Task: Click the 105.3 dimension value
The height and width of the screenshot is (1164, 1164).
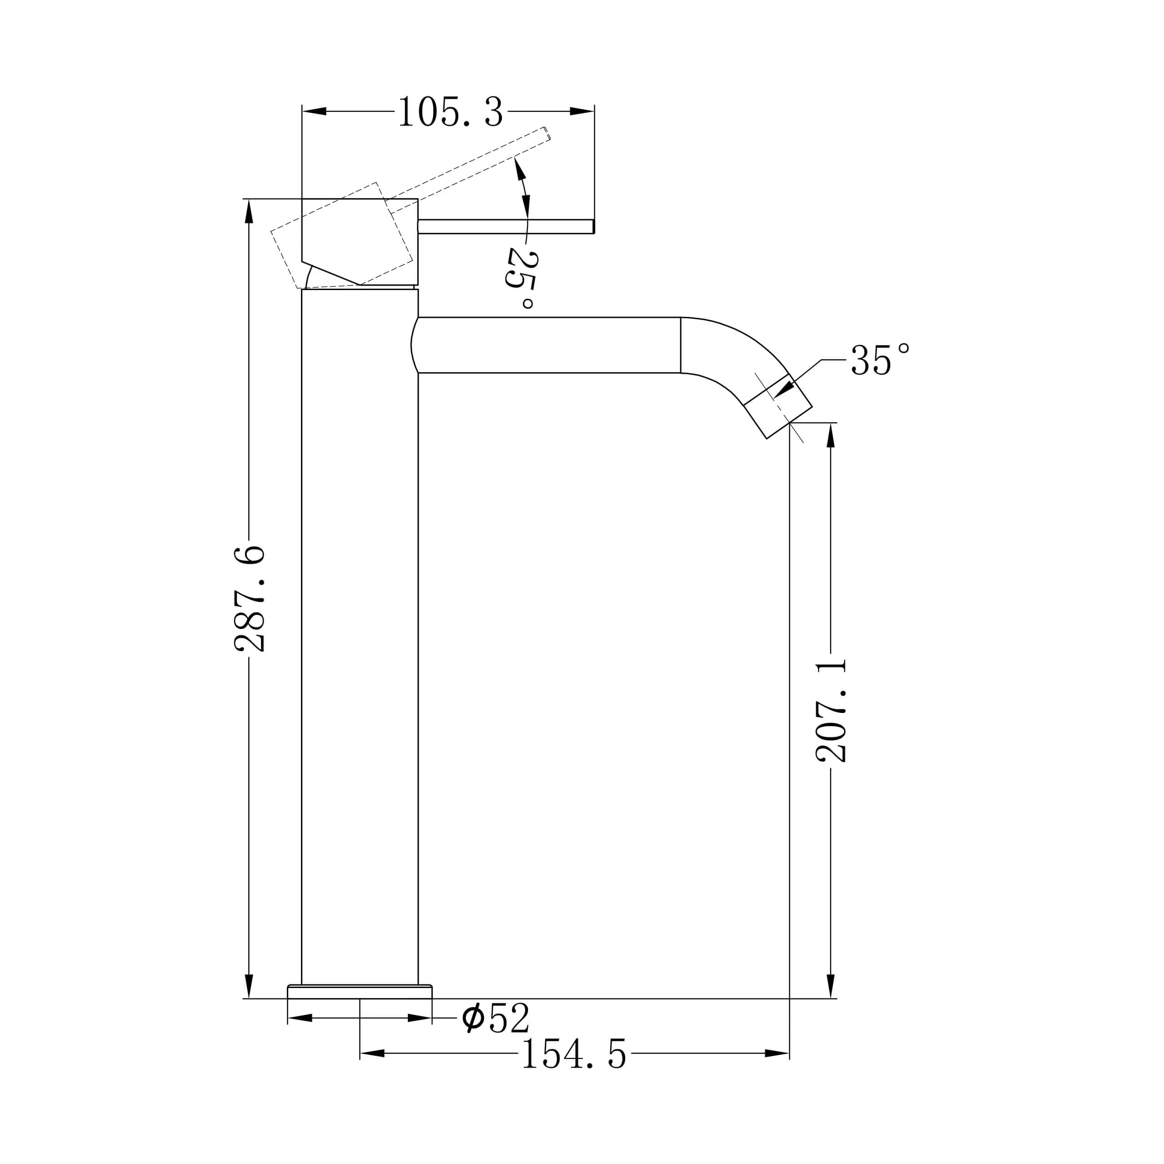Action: (x=450, y=112)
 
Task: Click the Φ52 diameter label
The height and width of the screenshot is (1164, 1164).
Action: (x=495, y=1018)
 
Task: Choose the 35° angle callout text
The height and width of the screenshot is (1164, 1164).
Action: (x=880, y=360)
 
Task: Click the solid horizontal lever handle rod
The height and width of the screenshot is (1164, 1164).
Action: (x=506, y=226)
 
